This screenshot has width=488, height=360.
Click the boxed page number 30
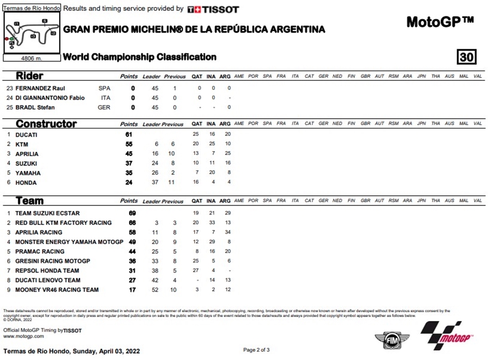click(466, 57)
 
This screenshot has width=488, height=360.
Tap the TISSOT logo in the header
click(213, 9)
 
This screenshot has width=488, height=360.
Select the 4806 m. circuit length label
click(31, 58)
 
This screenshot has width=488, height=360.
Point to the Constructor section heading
click(46, 124)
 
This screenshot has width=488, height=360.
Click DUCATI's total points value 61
click(129, 134)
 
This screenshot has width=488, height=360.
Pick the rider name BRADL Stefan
click(35, 107)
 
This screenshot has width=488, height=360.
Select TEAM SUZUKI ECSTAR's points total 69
click(132, 213)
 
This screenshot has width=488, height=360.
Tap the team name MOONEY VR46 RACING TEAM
click(57, 290)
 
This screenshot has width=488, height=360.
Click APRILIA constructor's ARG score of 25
click(228, 154)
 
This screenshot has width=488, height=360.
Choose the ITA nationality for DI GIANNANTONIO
click(105, 98)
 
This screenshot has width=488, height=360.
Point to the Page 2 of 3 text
click(256, 350)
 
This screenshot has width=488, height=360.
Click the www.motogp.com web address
click(24, 336)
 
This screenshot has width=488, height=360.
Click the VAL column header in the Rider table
click(478, 76)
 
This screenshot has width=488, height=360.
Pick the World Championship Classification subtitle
click(140, 57)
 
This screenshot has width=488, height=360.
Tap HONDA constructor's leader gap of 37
click(155, 183)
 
